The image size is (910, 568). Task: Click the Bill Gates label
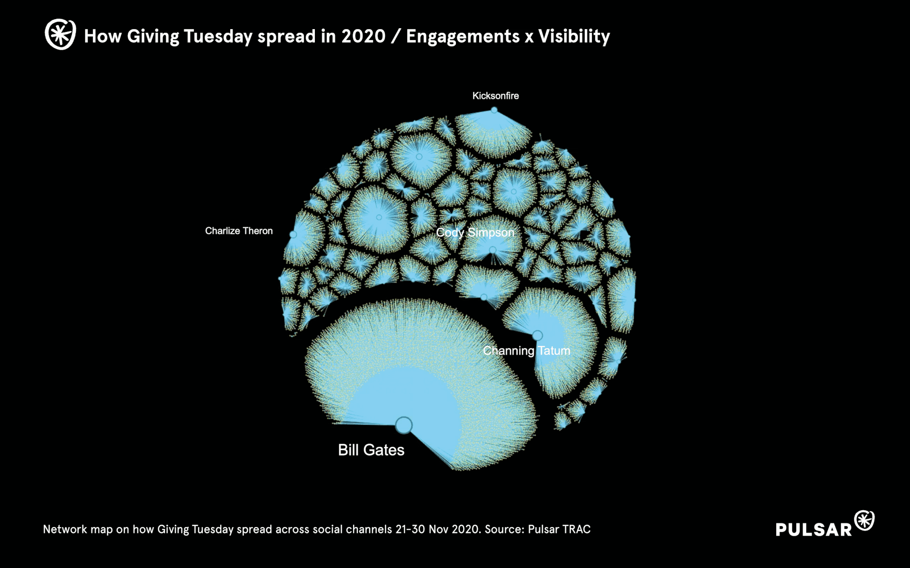click(x=371, y=450)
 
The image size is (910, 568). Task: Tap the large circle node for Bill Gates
click(x=404, y=425)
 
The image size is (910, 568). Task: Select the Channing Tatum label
click(x=526, y=350)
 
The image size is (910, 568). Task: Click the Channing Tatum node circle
click(x=537, y=335)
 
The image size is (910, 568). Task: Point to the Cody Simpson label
click(x=475, y=233)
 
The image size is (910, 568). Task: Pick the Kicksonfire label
click(x=495, y=96)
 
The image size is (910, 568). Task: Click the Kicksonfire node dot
click(x=494, y=110)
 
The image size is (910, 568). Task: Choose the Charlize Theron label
click(x=239, y=231)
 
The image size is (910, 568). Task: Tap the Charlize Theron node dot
click(x=293, y=234)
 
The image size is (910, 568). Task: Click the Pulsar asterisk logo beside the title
click(x=60, y=34)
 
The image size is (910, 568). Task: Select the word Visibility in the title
click(x=574, y=36)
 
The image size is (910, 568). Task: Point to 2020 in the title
click(x=364, y=36)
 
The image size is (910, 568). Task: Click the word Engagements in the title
click(x=463, y=36)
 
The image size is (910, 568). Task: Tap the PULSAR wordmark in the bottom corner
click(x=814, y=529)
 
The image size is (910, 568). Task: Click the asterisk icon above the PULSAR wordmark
click(x=864, y=520)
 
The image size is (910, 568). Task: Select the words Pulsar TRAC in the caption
click(x=559, y=529)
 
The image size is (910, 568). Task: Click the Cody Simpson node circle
click(x=493, y=250)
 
